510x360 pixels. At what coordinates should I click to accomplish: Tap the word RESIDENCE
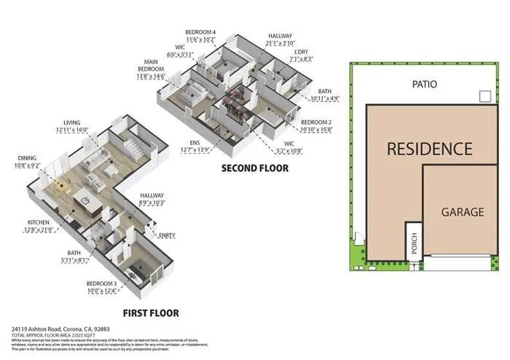(428, 149)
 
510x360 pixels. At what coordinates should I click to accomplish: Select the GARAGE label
(462, 213)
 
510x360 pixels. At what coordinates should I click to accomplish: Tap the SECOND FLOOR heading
(254, 168)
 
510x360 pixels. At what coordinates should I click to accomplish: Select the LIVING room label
(72, 122)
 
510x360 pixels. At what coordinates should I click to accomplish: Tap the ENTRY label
(166, 234)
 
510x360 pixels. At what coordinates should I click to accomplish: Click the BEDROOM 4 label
(200, 33)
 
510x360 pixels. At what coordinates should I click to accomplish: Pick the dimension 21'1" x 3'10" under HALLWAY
(280, 42)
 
